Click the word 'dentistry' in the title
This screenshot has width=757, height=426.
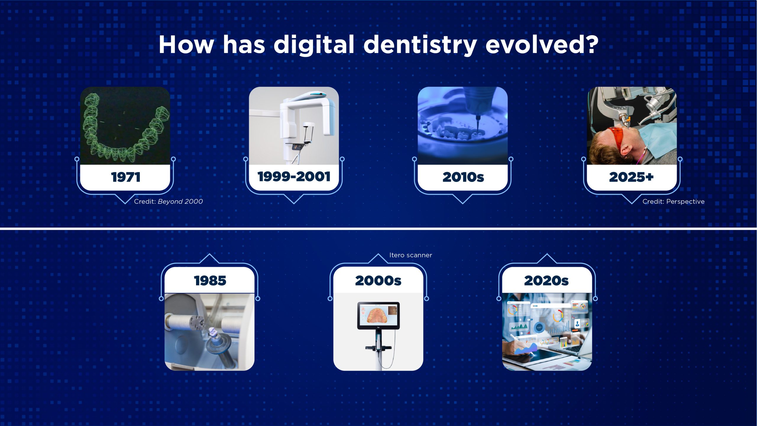[x=420, y=45]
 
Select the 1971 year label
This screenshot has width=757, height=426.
[x=126, y=177]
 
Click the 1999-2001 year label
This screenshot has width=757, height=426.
[x=294, y=177]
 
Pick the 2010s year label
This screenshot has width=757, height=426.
[x=463, y=177]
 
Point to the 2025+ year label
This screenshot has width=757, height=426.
[x=631, y=177]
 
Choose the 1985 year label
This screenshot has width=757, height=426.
[x=210, y=280]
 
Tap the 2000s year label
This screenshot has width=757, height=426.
[x=378, y=280]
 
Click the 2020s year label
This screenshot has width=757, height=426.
[x=546, y=280]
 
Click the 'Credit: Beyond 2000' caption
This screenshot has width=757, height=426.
[x=168, y=201]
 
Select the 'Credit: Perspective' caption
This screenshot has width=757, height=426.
[x=673, y=201]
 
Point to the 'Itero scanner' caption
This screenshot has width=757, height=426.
[x=410, y=255]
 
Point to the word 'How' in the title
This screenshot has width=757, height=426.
[x=186, y=45]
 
